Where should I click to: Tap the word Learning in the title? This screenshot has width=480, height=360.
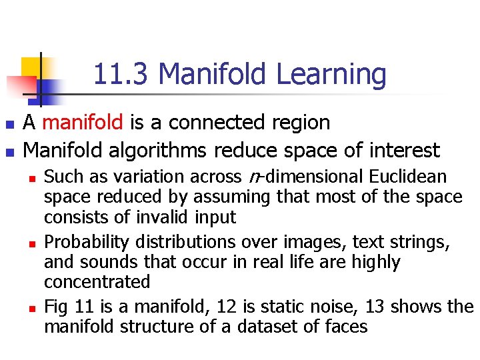(x=331, y=75)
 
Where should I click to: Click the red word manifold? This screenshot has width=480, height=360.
(x=82, y=123)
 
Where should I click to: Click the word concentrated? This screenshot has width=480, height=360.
(x=97, y=282)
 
